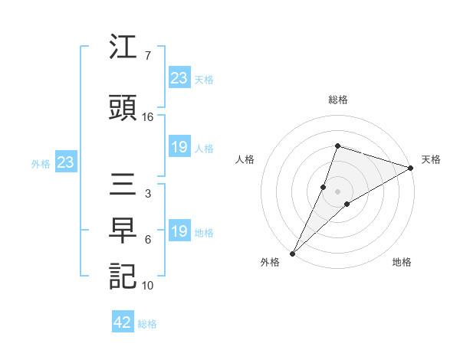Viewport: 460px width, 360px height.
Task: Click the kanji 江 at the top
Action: (123, 49)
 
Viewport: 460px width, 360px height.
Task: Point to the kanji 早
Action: (123, 232)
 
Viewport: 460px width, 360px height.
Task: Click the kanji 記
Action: (123, 277)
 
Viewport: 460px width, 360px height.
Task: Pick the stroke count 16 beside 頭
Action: (148, 117)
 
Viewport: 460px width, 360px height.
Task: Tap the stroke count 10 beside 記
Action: (148, 286)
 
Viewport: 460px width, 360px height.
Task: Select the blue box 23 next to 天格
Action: (179, 78)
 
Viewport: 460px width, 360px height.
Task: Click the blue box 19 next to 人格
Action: (179, 147)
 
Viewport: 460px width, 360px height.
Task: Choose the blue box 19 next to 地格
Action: (179, 231)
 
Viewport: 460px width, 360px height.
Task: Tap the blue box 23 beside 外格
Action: (65, 162)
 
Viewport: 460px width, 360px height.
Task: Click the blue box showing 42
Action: (123, 322)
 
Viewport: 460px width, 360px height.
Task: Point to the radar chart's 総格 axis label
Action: (337, 100)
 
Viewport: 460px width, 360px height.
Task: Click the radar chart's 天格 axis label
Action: (431, 159)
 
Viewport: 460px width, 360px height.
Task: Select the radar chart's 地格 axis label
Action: (402, 263)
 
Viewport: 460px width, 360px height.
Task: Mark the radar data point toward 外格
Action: (292, 253)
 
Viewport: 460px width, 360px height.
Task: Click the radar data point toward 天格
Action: (411, 168)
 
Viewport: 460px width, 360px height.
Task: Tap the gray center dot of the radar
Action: (337, 191)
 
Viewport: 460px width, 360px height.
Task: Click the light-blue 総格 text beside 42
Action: (147, 324)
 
